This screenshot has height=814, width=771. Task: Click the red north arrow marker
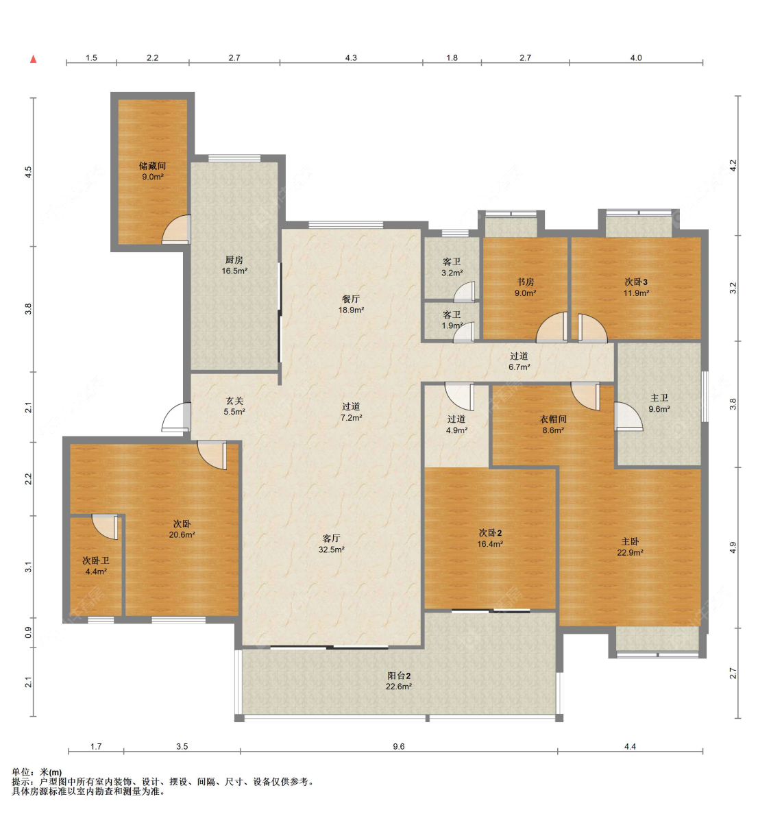coord(33,59)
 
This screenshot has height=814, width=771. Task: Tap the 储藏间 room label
coord(152,166)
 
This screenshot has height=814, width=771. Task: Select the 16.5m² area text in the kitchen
coord(234,271)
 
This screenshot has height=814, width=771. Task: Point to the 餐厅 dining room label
coord(351,299)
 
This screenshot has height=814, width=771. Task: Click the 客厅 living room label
coord(331,539)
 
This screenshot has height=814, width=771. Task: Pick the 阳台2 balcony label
coord(399,676)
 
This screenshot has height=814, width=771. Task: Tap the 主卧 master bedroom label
coord(630,541)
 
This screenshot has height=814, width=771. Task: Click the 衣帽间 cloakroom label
coord(553,419)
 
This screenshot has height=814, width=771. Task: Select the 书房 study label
coord(526,282)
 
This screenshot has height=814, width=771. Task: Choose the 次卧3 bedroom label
coord(636,282)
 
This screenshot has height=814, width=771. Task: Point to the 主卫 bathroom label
coord(659,397)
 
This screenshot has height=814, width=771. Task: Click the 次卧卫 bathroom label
coord(96,560)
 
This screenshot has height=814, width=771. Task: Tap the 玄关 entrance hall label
coord(234,401)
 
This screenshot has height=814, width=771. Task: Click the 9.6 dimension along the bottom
coord(398,747)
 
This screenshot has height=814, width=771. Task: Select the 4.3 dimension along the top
coord(351,58)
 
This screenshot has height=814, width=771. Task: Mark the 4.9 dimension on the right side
coord(733,547)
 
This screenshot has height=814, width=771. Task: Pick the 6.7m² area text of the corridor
coord(519,367)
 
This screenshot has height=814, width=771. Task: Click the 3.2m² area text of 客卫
coord(452,273)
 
